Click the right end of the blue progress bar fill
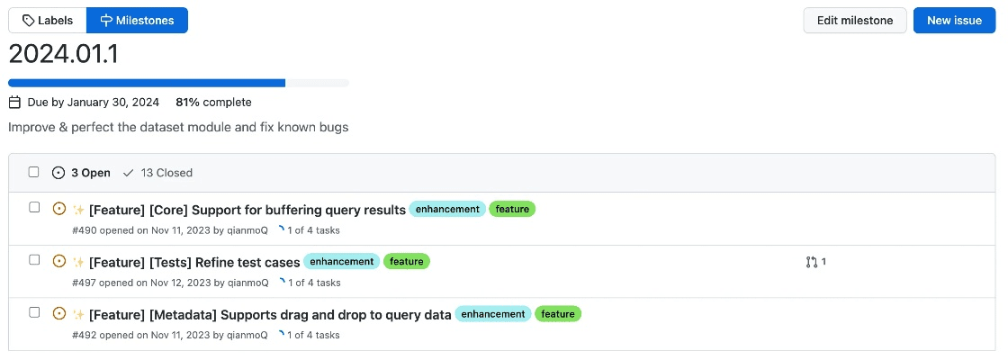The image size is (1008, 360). pos(285,83)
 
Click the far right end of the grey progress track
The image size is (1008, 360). pos(349,83)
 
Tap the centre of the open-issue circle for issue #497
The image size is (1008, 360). pos(59,261)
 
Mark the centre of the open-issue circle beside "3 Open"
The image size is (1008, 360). pos(58,172)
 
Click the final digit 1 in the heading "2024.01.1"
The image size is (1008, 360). pos(113,54)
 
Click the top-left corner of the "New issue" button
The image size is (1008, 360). pos(913,8)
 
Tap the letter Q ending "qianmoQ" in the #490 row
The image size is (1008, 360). pos(264,230)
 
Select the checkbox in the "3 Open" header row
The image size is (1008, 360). pos(33,172)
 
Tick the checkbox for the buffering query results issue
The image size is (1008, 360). pos(34,208)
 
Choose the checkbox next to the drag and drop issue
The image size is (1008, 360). pos(34,312)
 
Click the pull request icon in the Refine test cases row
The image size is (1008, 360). pos(811,262)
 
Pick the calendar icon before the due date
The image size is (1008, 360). pos(14,103)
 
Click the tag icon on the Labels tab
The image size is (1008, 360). pos(28,21)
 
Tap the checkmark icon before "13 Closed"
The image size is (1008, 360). pos(129,172)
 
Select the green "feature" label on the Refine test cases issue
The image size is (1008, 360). pos(407,262)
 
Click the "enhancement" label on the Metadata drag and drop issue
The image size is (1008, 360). pos(493,314)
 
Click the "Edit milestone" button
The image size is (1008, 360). pos(855,21)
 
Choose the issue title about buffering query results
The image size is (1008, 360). pos(247,210)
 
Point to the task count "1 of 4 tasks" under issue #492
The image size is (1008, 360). pos(314,335)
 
